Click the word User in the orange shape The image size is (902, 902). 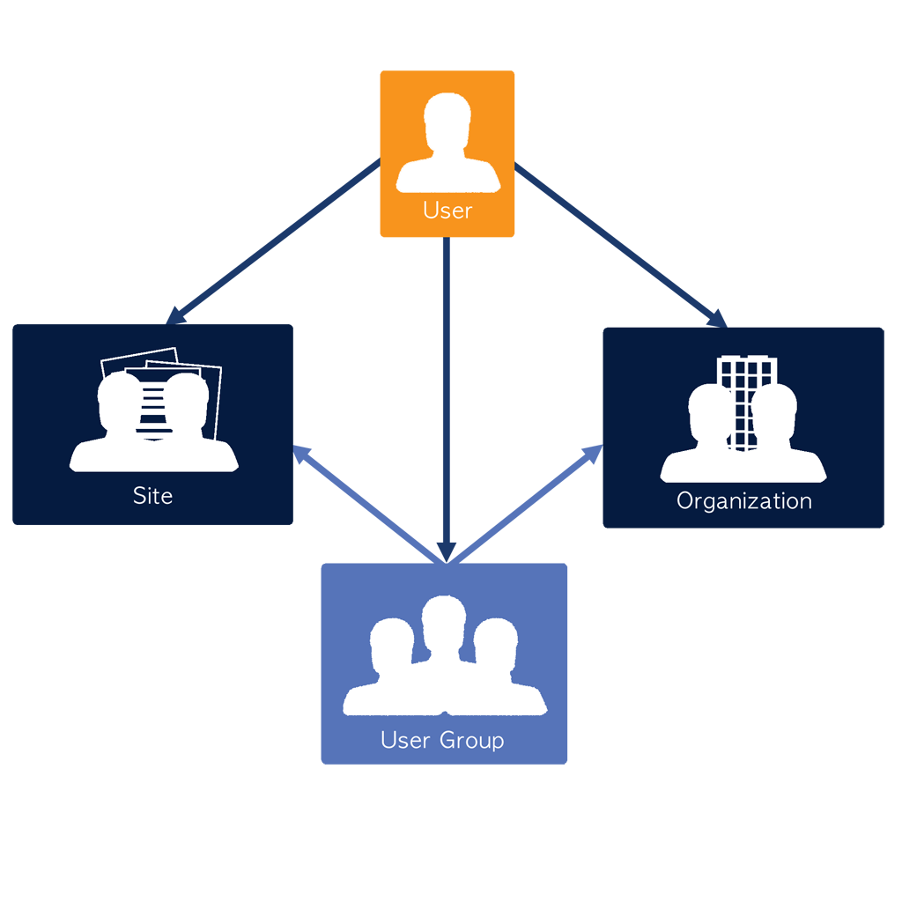click(x=447, y=211)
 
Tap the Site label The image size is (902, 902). click(x=152, y=496)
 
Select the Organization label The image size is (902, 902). click(x=744, y=501)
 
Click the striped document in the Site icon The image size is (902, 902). click(x=154, y=405)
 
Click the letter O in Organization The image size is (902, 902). click(x=685, y=501)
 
